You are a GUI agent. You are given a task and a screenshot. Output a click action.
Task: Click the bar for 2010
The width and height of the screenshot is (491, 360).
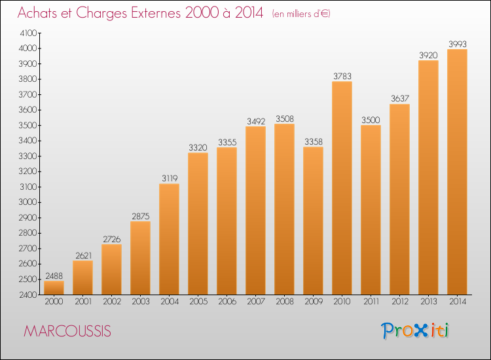coord(342,188)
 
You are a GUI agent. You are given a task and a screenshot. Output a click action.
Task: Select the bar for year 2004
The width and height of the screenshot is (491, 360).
coord(169,239)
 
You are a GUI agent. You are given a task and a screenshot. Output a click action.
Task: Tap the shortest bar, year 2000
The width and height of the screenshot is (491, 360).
coord(54,287)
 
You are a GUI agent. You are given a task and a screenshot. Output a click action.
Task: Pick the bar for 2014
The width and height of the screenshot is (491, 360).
coord(457,171)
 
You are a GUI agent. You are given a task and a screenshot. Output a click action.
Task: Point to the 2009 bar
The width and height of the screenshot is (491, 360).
coord(313,221)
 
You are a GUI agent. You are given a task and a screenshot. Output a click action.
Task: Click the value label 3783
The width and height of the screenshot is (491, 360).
coord(342,76)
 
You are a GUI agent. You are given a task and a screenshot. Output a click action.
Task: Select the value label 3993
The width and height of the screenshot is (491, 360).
coord(457,44)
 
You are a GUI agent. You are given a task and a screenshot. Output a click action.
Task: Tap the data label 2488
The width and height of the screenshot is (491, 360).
coord(54,276)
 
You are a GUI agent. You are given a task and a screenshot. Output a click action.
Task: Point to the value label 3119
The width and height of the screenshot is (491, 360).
coord(169,178)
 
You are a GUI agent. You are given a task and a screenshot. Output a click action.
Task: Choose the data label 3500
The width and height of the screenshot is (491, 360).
coord(371,120)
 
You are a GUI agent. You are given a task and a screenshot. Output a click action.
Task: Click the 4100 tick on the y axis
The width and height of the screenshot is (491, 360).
coord(29,33)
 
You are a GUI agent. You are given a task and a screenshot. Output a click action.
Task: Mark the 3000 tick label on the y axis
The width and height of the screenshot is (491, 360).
coord(29,202)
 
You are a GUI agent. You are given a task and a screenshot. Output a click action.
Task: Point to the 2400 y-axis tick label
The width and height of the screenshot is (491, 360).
coord(29,295)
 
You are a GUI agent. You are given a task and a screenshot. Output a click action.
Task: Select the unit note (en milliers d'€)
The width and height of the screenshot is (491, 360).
coord(301,14)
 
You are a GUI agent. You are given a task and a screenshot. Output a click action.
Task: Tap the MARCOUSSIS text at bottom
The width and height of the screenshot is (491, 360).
coord(67,331)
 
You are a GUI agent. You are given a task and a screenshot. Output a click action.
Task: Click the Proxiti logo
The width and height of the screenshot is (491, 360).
coord(416,331)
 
